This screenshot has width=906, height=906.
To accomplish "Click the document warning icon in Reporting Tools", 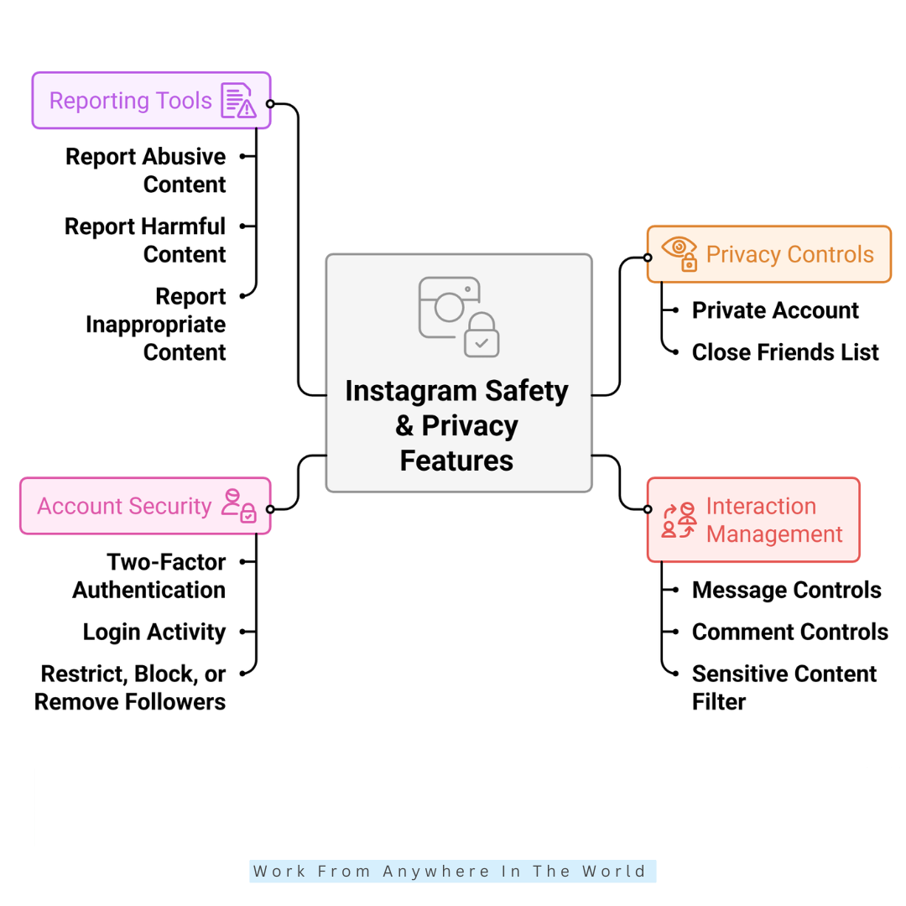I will (238, 101).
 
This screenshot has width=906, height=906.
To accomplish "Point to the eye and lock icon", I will (679, 253).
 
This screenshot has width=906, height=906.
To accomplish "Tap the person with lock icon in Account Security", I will (239, 506).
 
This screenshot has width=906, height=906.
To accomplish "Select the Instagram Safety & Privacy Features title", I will (457, 425).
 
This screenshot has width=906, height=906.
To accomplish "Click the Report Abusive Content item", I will (146, 170).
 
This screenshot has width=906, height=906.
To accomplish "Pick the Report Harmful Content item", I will (145, 240).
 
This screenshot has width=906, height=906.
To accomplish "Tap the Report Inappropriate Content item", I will (155, 324).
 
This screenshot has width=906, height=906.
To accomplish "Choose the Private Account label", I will (775, 310).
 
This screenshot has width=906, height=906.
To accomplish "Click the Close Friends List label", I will (785, 352).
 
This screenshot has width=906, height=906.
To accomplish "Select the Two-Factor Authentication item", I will (149, 575).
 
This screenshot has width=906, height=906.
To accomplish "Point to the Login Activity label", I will (154, 632).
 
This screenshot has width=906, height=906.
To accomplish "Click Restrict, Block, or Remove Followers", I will (130, 687).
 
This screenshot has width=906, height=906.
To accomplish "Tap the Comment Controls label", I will (789, 632).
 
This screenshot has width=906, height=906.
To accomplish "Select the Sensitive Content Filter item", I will (784, 687).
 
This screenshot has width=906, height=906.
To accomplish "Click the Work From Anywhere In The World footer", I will (453, 871).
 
